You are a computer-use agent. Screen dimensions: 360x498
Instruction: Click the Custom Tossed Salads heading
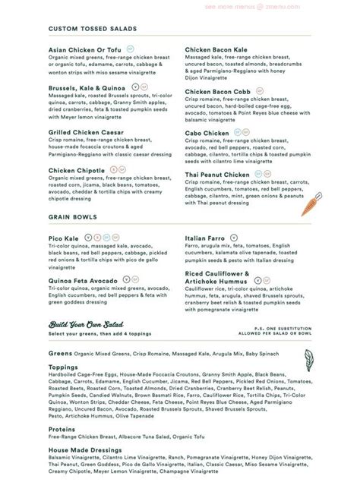92,28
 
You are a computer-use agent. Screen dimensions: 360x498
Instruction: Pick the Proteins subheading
63,427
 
